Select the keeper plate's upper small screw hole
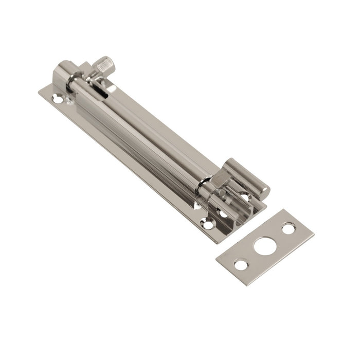coord(289,228)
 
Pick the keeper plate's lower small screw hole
coord(241,264)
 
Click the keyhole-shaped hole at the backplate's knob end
coord(58,99)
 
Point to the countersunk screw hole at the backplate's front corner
coord(207,224)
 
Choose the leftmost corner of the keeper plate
coord(216,256)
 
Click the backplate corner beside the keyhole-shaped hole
coord(40,92)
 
